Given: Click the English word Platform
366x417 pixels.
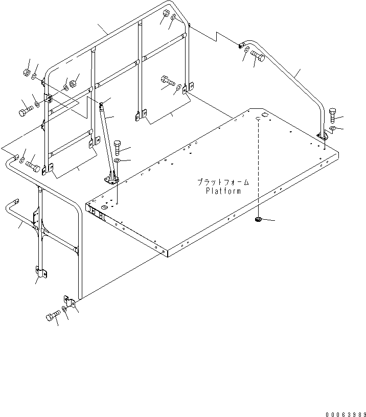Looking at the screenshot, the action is tap(224, 191).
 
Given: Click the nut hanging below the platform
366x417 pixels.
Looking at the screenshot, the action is tap(259, 220).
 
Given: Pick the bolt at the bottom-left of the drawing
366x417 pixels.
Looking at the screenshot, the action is tap(52, 316).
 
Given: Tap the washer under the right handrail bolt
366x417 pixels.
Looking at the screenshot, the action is tap(333, 128).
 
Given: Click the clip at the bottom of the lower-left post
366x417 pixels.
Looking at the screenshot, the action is tap(40, 272).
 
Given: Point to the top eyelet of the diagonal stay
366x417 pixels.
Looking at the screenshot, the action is tap(101, 105).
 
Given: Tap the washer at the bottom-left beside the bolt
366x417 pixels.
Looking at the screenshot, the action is tap(64, 310).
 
